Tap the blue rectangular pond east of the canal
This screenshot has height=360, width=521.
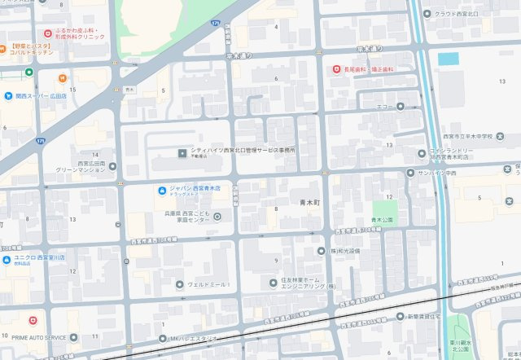[x=449, y=59]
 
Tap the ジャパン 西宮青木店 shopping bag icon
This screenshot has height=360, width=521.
[x=162, y=191]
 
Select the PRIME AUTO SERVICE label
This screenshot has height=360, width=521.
[x=39, y=336]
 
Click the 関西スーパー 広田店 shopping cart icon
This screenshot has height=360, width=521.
[x=7, y=95]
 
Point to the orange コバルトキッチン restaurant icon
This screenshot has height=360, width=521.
[x=62, y=78]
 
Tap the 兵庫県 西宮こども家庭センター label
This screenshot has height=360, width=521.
[x=187, y=217]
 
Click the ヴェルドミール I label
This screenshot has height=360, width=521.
[x=208, y=284]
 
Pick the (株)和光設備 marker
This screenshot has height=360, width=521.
[x=322, y=251]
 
